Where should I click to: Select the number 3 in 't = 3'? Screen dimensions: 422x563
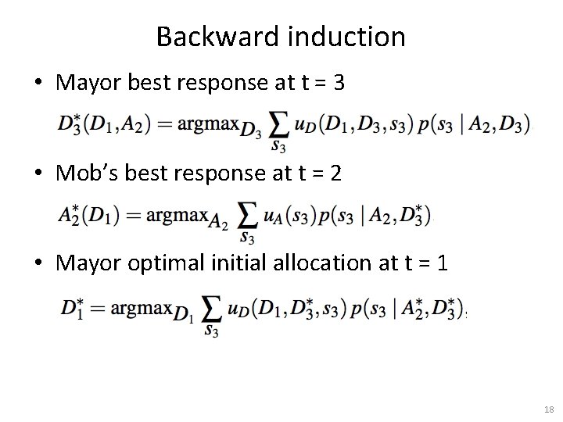click(x=338, y=84)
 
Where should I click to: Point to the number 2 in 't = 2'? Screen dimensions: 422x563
click(x=335, y=173)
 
